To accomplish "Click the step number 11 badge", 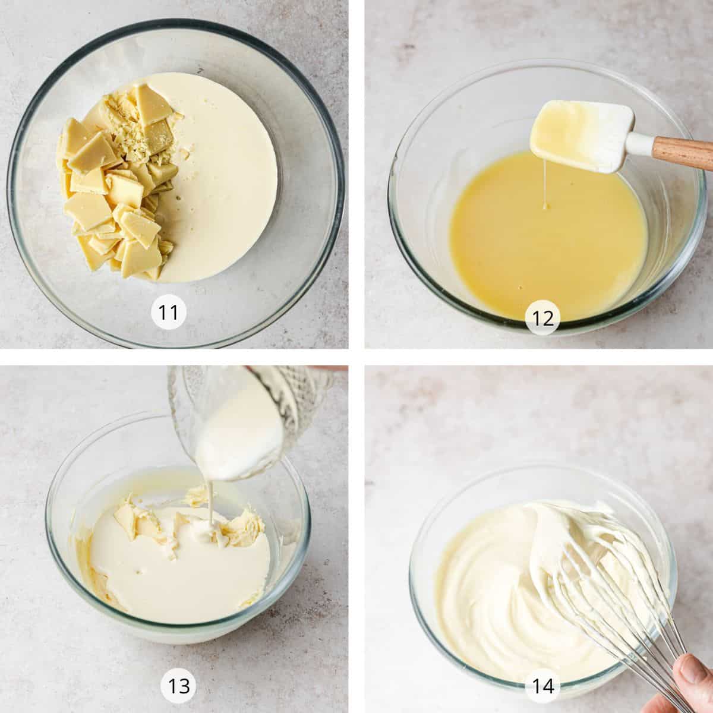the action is [x=168, y=313].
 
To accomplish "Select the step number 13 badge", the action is [x=178, y=676].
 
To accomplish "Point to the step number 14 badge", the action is [x=542, y=676].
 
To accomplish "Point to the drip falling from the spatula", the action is [x=545, y=187].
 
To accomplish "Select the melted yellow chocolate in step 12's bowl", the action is [x=548, y=237].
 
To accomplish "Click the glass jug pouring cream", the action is [x=251, y=418].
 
